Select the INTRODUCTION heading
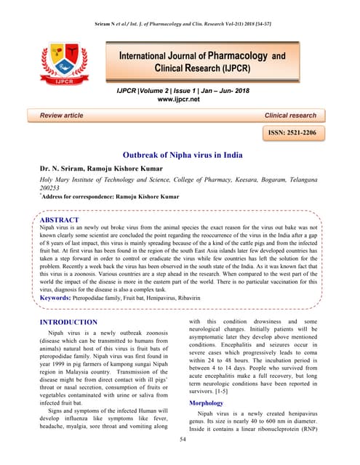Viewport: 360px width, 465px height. pos(68,322)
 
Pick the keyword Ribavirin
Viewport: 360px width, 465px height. pos(215,298)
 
